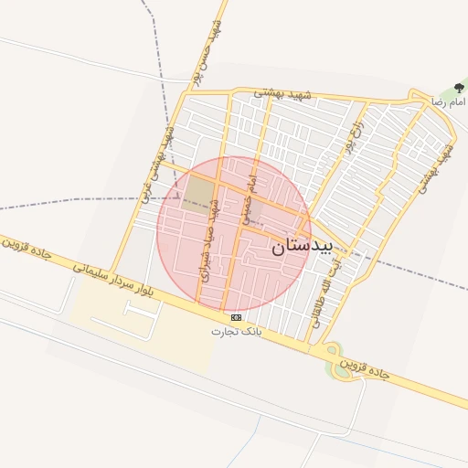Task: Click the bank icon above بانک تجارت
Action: coord(237,316)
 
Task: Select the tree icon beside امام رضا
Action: coord(458,89)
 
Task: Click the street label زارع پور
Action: coord(352,134)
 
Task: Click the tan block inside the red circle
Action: coord(197,193)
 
